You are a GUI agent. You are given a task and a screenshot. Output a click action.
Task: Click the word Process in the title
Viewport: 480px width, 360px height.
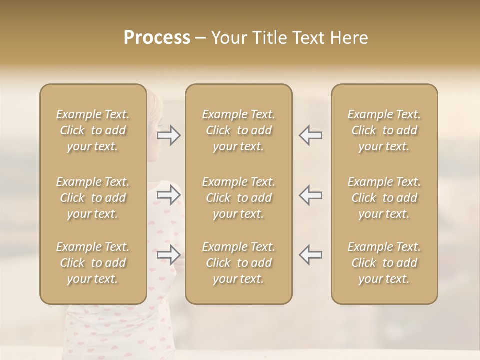(x=157, y=38)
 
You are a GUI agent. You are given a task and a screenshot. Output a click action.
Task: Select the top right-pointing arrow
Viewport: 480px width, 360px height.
(x=169, y=135)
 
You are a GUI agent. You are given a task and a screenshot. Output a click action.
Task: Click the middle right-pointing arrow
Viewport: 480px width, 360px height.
(x=169, y=195)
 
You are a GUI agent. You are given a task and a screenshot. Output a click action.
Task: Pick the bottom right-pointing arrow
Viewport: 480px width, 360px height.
(x=169, y=255)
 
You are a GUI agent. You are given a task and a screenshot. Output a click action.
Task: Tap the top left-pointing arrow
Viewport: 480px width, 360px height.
(x=311, y=135)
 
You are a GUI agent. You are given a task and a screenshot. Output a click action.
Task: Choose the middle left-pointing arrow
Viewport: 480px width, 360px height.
(x=311, y=195)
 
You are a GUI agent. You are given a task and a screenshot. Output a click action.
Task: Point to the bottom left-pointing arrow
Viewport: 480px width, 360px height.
(x=311, y=255)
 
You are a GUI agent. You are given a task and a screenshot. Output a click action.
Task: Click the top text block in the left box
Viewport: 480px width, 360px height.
(x=93, y=130)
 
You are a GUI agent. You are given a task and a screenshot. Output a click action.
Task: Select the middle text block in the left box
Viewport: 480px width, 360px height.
(x=93, y=198)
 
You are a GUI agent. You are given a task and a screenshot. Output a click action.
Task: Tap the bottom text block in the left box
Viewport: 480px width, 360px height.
(x=93, y=263)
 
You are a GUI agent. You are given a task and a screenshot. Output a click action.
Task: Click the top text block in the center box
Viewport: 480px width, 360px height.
(x=239, y=130)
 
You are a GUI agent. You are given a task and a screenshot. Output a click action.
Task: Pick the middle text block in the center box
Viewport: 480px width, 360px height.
(x=239, y=198)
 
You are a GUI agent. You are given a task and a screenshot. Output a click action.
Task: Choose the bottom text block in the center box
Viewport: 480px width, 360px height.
(x=239, y=263)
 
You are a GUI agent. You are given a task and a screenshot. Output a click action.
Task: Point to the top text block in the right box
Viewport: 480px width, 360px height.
(x=384, y=130)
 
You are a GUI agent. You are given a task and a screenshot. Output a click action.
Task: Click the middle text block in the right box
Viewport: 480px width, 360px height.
(x=384, y=198)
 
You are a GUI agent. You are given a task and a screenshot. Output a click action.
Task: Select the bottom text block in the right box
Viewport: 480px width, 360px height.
(x=384, y=263)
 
